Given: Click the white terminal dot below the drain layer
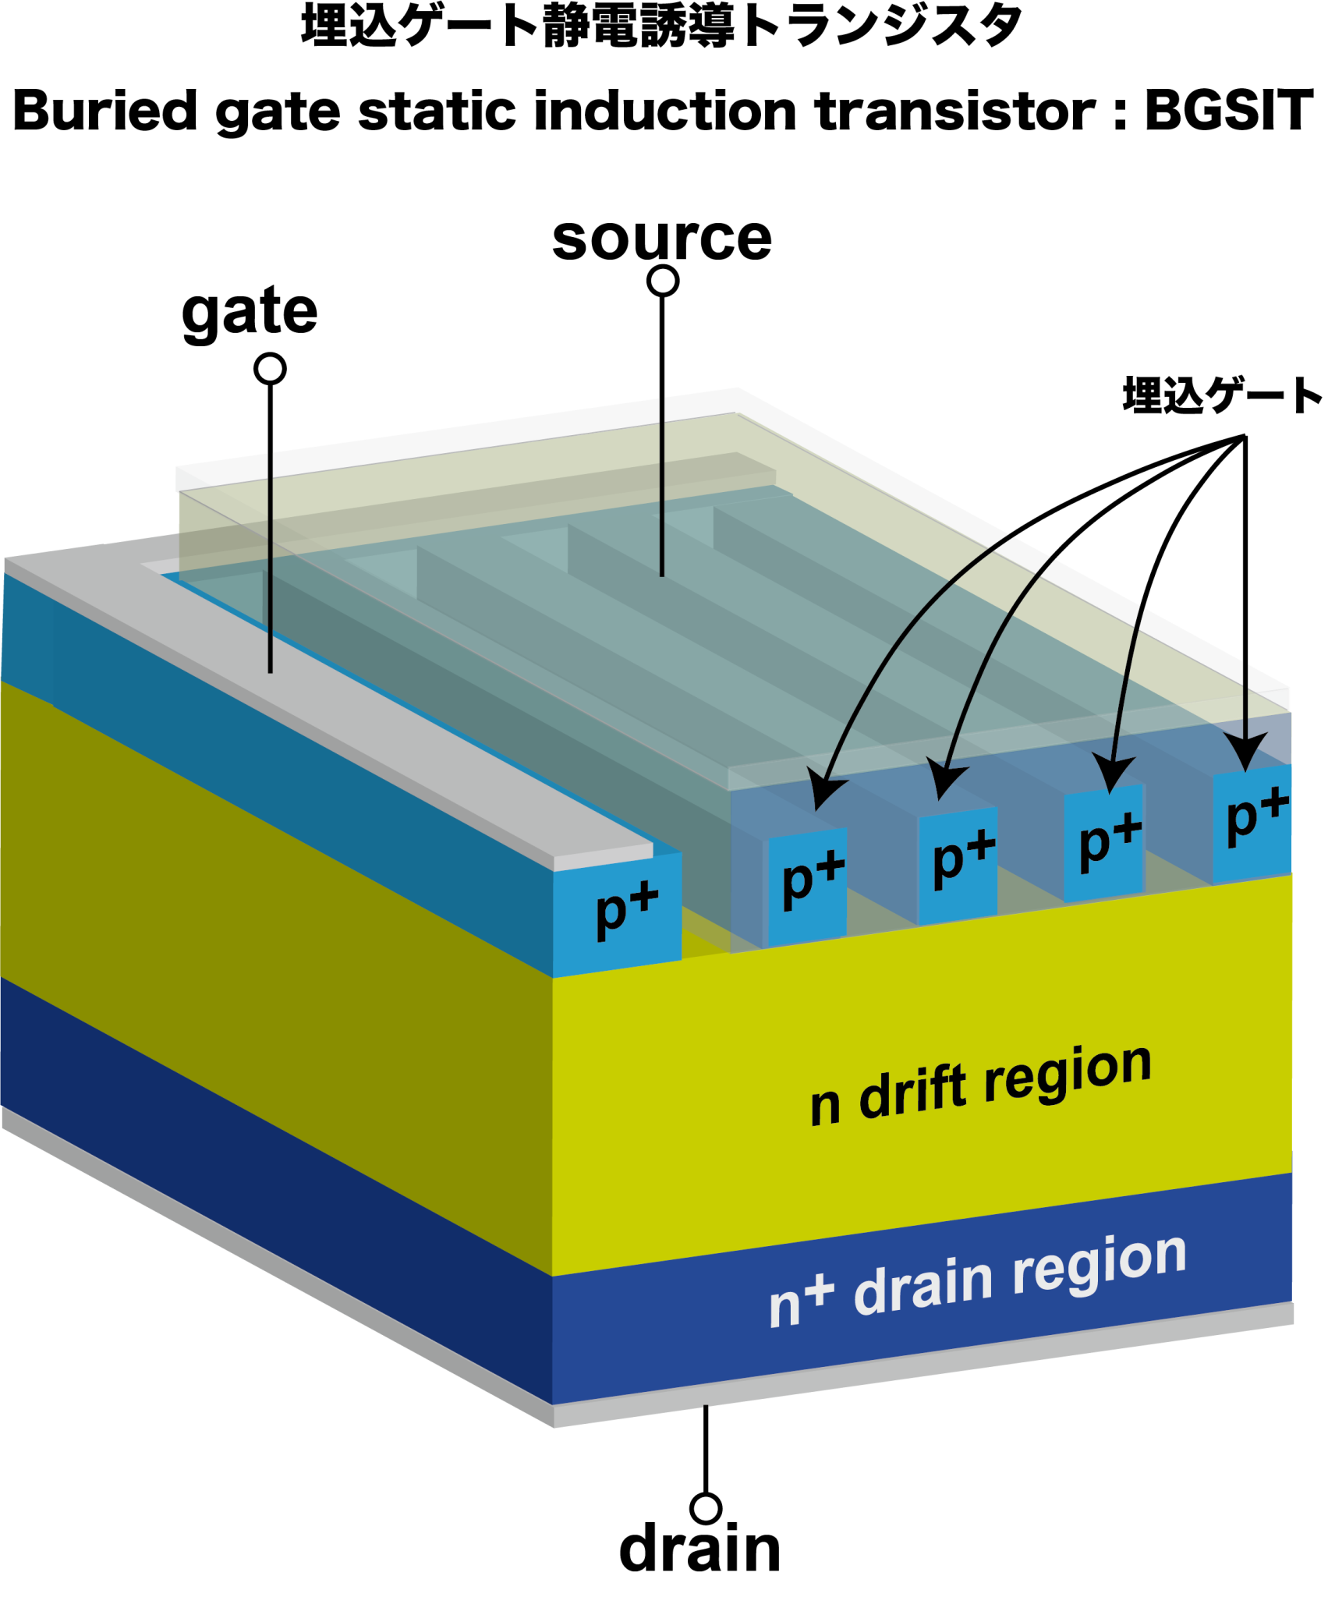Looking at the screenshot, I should click(706, 1508).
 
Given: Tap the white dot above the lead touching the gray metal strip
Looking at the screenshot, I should click(270, 369).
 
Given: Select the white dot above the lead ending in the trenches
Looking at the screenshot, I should click(663, 281).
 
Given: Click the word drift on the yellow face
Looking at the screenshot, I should click(916, 1092).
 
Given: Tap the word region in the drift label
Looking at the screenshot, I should click(1068, 1071).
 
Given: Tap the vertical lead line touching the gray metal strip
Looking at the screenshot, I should click(270, 561).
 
